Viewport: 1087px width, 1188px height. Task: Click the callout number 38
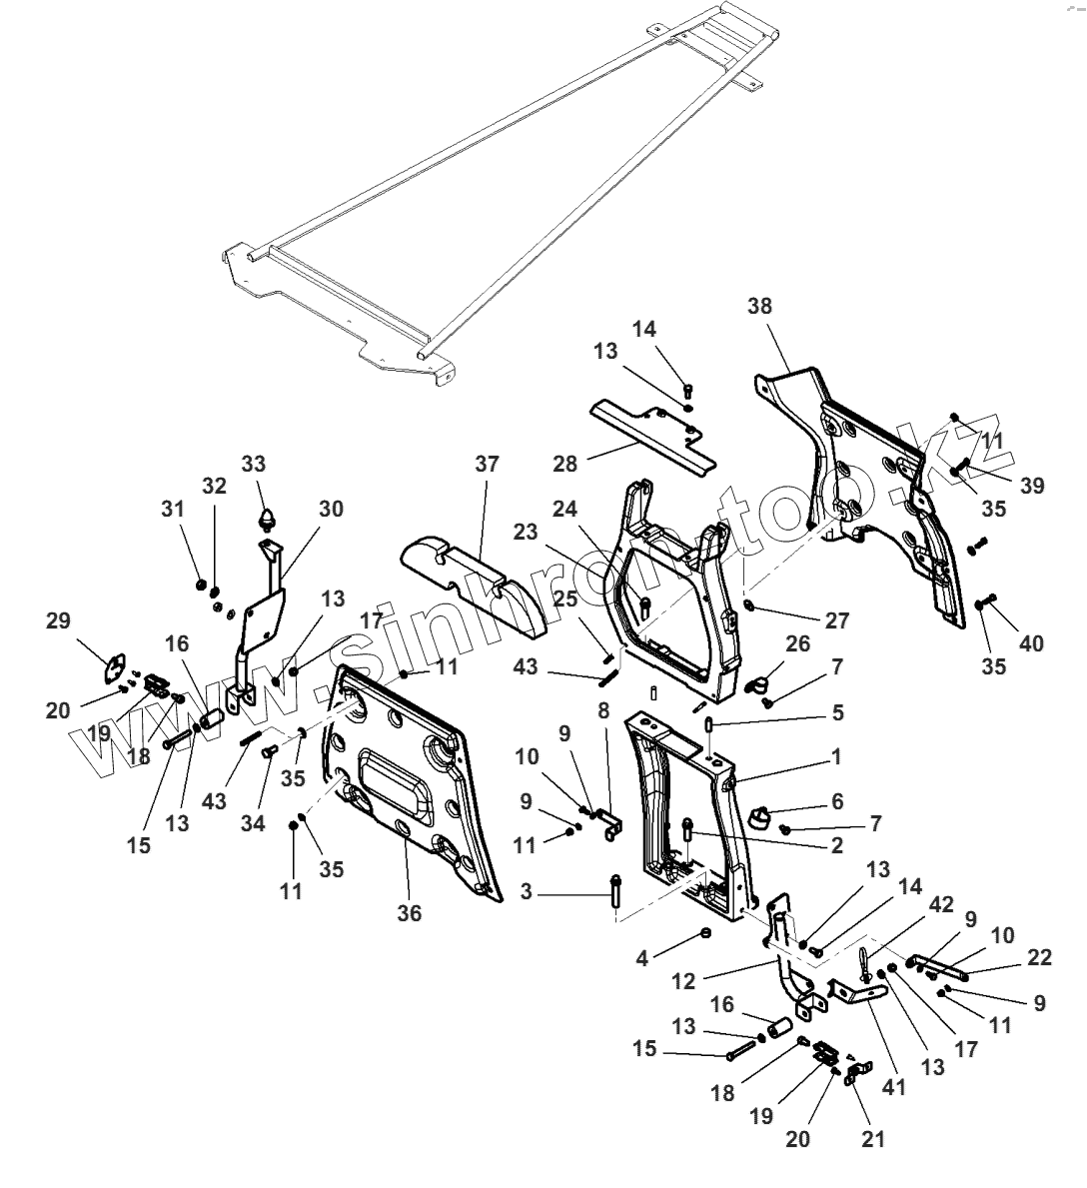[759, 306]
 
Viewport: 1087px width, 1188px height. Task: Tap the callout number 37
[487, 465]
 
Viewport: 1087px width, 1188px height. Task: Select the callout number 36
[410, 912]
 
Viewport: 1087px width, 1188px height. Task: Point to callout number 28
[565, 466]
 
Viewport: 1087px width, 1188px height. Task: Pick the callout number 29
[58, 620]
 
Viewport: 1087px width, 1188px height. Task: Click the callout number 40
[1031, 643]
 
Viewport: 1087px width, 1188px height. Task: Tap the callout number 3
[527, 892]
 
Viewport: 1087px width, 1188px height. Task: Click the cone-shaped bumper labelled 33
[269, 518]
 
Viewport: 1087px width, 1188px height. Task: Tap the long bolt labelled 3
[614, 891]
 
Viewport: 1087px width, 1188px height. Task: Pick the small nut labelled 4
[705, 933]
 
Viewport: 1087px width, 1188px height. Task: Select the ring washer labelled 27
[750, 606]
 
